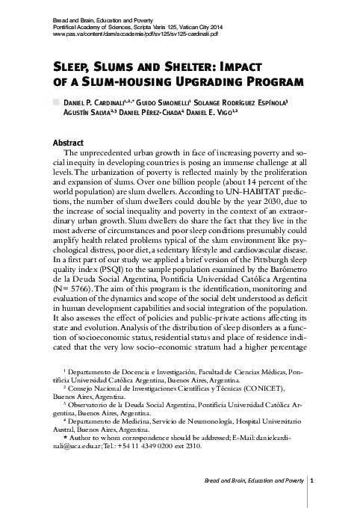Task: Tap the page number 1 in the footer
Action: pos(311,480)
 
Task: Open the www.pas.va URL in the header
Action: pos(135,34)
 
